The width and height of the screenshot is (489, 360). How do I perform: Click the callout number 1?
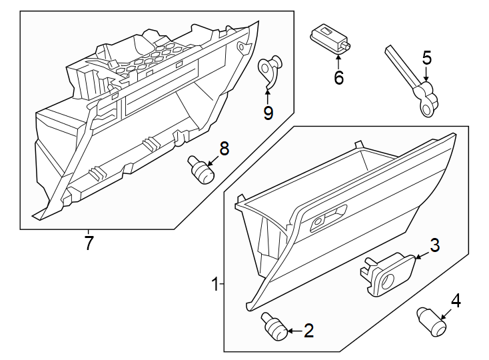pyautogui.click(x=215, y=285)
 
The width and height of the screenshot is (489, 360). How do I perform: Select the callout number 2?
pyautogui.click(x=308, y=330)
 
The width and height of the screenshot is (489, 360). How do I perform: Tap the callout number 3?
pyautogui.click(x=434, y=245)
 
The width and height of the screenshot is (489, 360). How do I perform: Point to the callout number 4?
pyautogui.click(x=456, y=301)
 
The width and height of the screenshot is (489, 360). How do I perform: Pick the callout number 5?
pyautogui.click(x=427, y=58)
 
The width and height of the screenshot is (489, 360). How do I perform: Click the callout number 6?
pyautogui.click(x=338, y=78)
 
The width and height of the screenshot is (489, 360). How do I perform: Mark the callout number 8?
pyautogui.click(x=224, y=149)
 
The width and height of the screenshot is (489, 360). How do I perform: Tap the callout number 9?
pyautogui.click(x=268, y=113)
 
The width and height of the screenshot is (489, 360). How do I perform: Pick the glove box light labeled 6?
pyautogui.click(x=330, y=36)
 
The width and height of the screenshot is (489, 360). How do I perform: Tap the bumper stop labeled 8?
pyautogui.click(x=201, y=169)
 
